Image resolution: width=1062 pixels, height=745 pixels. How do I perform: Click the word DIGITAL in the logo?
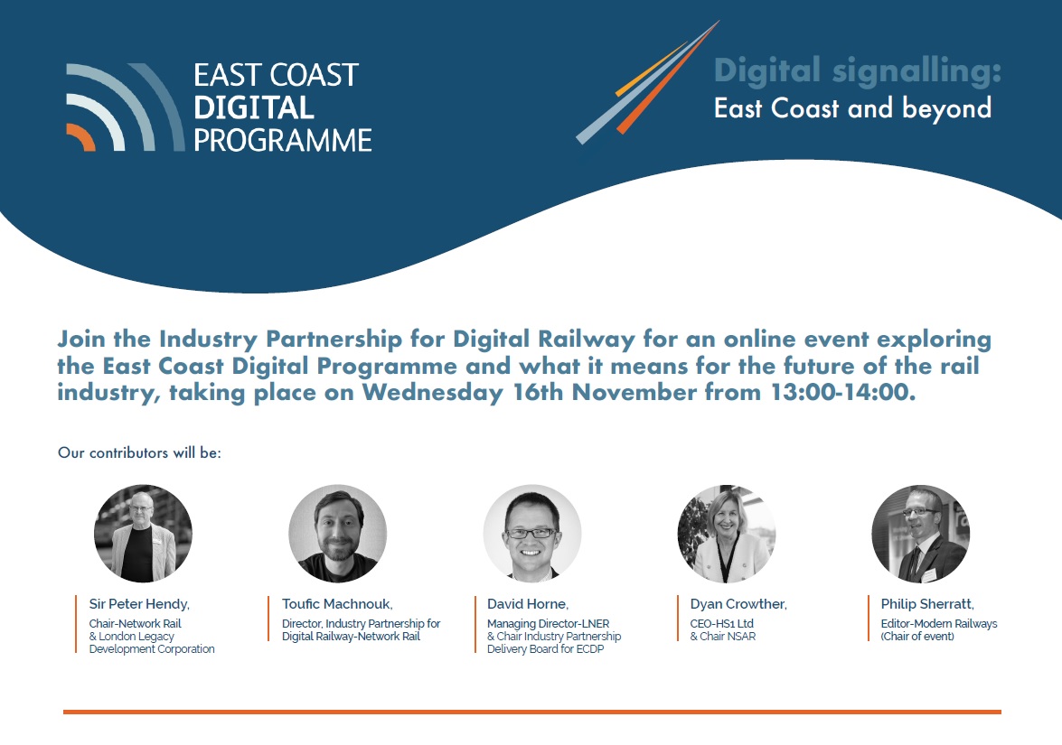point(254,107)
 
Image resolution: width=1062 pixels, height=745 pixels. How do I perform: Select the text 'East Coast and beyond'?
point(852,108)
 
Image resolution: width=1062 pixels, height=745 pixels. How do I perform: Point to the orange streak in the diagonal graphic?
point(667,79)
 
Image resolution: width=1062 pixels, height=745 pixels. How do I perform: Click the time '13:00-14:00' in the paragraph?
point(843,392)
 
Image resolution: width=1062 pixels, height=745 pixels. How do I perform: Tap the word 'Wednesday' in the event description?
point(433,393)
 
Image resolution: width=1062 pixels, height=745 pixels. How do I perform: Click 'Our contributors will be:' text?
point(139,452)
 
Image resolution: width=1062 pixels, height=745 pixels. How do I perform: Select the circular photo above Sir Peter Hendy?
point(143,533)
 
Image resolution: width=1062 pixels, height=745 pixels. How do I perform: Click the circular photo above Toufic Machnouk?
point(337,533)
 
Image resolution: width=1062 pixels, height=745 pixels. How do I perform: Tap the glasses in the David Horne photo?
point(531,533)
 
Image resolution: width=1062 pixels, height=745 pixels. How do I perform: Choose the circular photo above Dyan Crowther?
point(726,533)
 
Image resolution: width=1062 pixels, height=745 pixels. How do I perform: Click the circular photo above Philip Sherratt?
point(920,533)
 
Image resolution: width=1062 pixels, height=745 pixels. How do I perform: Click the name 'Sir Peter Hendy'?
point(139,604)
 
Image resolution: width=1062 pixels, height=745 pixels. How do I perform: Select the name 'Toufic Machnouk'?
point(336,603)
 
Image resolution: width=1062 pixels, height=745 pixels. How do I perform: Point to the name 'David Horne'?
point(528,603)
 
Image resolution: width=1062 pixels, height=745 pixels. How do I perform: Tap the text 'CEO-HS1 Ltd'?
point(722,623)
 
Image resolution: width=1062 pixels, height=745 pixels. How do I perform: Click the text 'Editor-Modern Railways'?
point(939,624)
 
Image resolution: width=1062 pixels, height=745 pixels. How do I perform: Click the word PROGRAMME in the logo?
point(282,140)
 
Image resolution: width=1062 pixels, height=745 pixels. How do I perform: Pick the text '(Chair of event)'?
point(917,636)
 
